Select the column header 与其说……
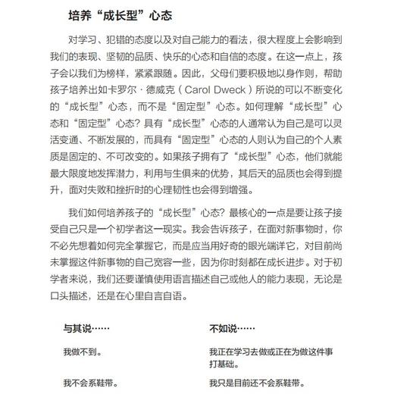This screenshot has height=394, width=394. (x=84, y=328)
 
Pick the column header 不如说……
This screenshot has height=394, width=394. (x=230, y=328)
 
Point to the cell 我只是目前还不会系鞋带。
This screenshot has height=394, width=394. (x=258, y=382)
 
